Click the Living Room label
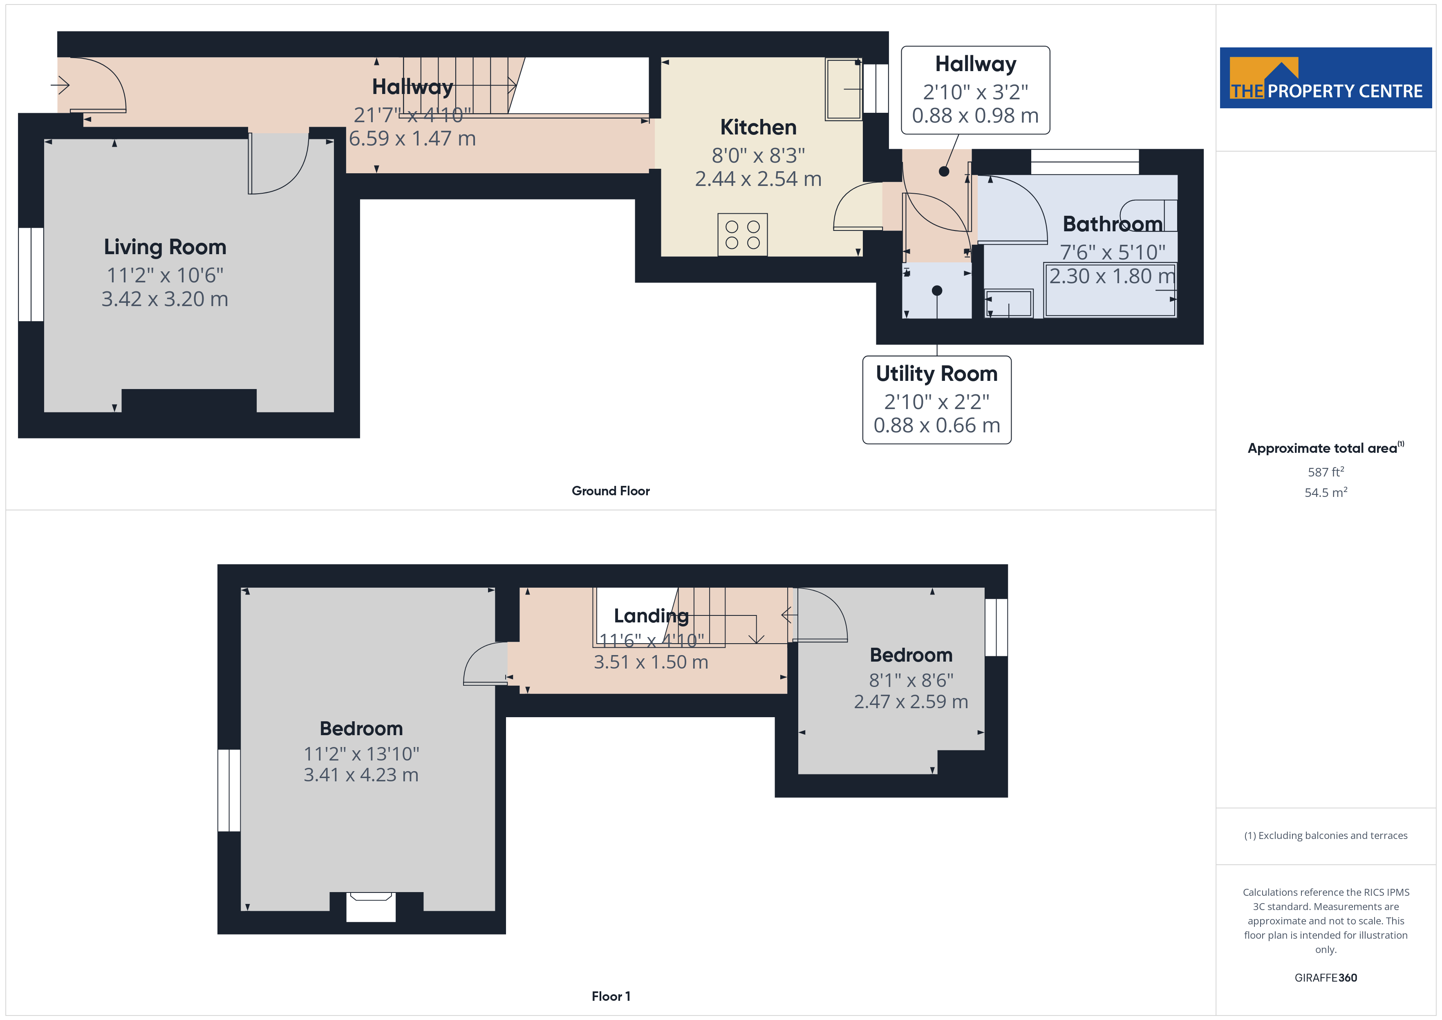[x=165, y=247]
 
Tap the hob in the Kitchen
[x=742, y=234]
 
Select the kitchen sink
[x=844, y=89]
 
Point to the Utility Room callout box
[x=936, y=399]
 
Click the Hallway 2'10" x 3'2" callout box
[x=975, y=90]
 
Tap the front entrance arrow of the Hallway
[x=60, y=84]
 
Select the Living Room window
[x=31, y=275]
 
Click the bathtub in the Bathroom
[x=1110, y=291]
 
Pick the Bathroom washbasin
[x=1009, y=303]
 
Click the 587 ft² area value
[x=1326, y=472]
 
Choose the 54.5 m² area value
[x=1326, y=492]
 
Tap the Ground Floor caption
[x=611, y=491]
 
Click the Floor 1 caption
[x=611, y=996]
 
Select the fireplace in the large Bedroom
[x=371, y=907]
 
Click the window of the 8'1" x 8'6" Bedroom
[x=996, y=627]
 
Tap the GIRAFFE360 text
[x=1326, y=978]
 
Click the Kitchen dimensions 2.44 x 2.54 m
[x=758, y=179]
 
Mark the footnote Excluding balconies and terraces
[x=1326, y=835]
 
